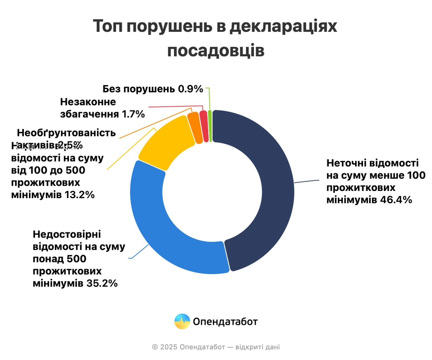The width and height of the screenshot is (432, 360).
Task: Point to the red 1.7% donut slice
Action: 204,126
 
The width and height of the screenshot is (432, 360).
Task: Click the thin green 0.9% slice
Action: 210,126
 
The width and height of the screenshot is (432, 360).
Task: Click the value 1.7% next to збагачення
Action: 133,114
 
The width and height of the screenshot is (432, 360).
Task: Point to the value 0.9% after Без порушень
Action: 190,89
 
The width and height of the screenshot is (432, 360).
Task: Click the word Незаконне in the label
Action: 88,102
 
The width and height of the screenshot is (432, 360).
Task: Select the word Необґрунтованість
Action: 66,133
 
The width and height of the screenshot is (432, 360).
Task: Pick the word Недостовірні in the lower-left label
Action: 67,234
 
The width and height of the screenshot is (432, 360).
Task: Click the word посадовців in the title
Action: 216,51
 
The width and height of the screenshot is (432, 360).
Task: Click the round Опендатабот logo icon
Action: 182,321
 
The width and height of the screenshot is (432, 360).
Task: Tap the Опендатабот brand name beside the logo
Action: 225,322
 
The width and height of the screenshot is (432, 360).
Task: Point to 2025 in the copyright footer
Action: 168,347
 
